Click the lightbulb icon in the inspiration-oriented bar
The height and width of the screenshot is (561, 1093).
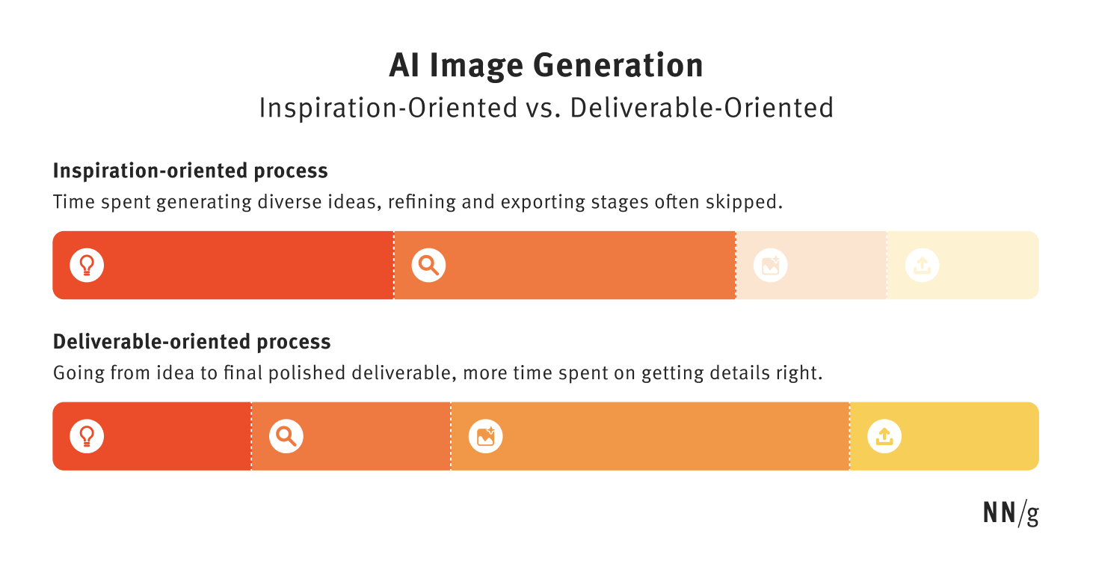coord(87,265)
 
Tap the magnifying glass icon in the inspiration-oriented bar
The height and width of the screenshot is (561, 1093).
coord(428,265)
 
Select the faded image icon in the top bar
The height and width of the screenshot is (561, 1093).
coord(771,265)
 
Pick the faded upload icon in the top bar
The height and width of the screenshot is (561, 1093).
coord(922,265)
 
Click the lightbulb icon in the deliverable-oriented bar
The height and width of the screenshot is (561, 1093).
coord(87,436)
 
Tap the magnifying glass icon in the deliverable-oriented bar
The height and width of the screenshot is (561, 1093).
coord(286,436)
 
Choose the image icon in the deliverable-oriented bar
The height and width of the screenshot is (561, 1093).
coord(485,436)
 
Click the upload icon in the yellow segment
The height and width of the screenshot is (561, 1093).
coord(884,436)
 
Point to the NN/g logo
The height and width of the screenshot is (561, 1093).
coord(1011,514)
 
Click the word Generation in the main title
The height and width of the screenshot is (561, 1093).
coord(618,66)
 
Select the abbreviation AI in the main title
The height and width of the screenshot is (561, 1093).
coord(404,65)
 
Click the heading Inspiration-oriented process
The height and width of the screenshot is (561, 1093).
coord(191,171)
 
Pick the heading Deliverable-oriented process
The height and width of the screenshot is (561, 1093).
coord(192,342)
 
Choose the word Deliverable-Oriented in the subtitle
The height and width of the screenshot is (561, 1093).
coord(702,108)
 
